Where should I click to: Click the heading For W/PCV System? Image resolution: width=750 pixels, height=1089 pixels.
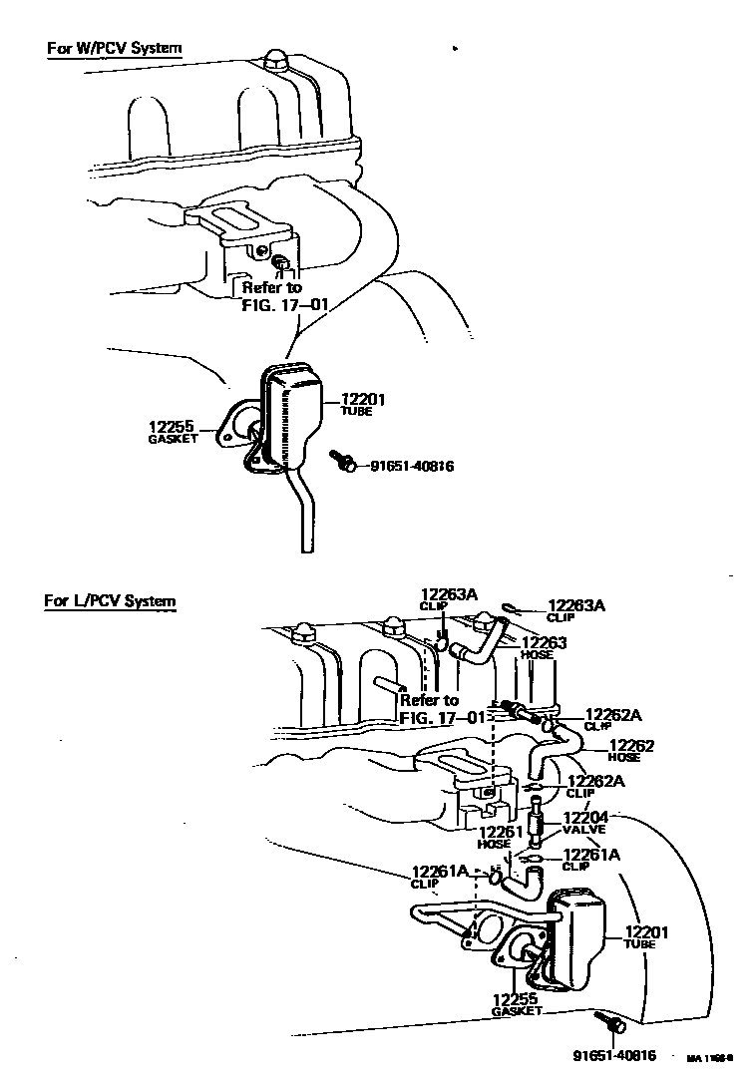[x=115, y=48]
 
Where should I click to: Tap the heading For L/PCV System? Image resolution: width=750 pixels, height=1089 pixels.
[x=110, y=601]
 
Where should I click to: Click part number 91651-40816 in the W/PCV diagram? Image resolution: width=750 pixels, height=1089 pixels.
[x=412, y=466]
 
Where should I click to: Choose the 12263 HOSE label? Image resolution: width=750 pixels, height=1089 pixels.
[x=544, y=647]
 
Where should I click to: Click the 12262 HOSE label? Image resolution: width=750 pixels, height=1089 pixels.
[x=630, y=750]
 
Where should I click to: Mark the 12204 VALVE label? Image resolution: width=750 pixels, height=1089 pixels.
[x=584, y=822]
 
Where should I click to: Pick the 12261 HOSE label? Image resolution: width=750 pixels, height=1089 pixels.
[x=495, y=837]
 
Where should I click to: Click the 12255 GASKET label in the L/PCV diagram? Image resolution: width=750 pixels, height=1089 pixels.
[x=516, y=1003]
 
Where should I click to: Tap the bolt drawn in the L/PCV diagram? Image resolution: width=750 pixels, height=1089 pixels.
[x=609, y=1021]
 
